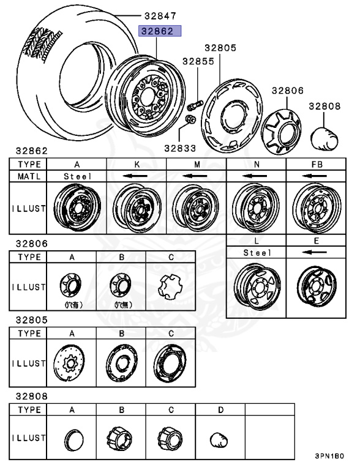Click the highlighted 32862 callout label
click(160, 31)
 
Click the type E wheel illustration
click(317, 285)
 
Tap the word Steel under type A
click(77, 176)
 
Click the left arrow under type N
click(256, 176)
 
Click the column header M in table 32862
click(197, 164)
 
